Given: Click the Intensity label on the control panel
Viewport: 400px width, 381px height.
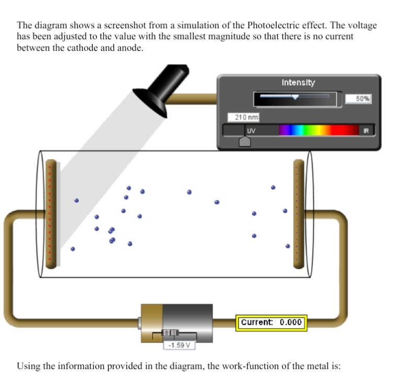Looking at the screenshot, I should [x=298, y=83].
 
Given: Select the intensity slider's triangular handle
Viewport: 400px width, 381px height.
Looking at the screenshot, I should [x=295, y=97].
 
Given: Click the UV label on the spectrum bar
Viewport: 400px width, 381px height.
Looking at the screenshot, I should [x=251, y=130].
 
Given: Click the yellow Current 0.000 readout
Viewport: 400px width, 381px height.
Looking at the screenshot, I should [x=271, y=322].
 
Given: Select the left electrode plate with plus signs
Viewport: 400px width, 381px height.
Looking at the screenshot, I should [x=51, y=213].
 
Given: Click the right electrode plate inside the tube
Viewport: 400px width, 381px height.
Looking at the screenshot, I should [x=298, y=213].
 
